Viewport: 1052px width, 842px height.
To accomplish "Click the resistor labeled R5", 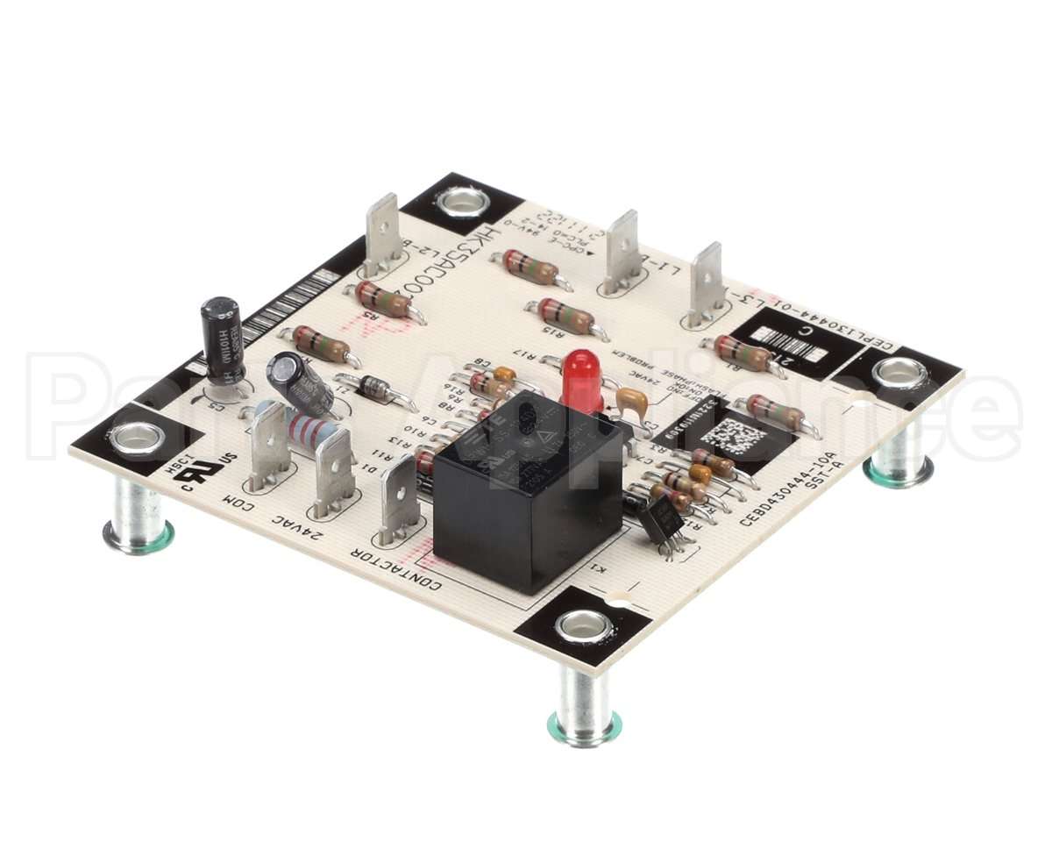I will coord(384,300).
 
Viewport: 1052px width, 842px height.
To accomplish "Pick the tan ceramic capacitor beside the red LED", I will coord(632,402).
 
